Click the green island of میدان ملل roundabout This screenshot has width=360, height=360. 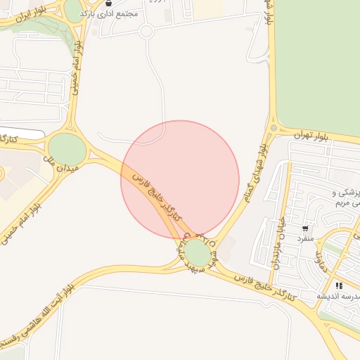67,148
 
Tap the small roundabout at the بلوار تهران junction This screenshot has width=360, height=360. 273,129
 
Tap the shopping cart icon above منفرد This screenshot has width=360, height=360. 305,229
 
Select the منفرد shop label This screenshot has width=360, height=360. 304,238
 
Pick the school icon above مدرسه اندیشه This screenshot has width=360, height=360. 339,285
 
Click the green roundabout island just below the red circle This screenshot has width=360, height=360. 198,253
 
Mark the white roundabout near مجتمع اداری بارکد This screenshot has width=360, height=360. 146,31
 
